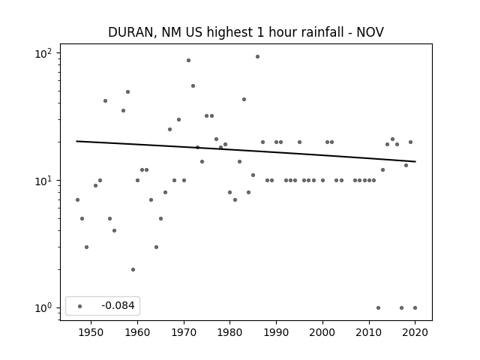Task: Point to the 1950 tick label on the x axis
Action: pyautogui.click(x=91, y=332)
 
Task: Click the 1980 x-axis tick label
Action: pyautogui.click(x=230, y=332)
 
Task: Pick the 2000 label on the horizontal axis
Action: pyautogui.click(x=322, y=332)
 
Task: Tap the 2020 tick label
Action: pyautogui.click(x=415, y=332)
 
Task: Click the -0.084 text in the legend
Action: pyautogui.click(x=118, y=305)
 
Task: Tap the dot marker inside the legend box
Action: pyautogui.click(x=80, y=306)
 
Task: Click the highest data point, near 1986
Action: pyautogui.click(x=257, y=57)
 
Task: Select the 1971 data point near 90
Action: pyautogui.click(x=188, y=60)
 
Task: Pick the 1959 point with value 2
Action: pyautogui.click(x=133, y=270)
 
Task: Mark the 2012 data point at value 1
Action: pyautogui.click(x=378, y=308)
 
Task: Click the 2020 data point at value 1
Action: pyautogui.click(x=415, y=308)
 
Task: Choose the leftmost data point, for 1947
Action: pyautogui.click(x=77, y=200)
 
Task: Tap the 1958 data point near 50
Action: pyautogui.click(x=128, y=91)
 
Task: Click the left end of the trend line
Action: pyautogui.click(x=76, y=141)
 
